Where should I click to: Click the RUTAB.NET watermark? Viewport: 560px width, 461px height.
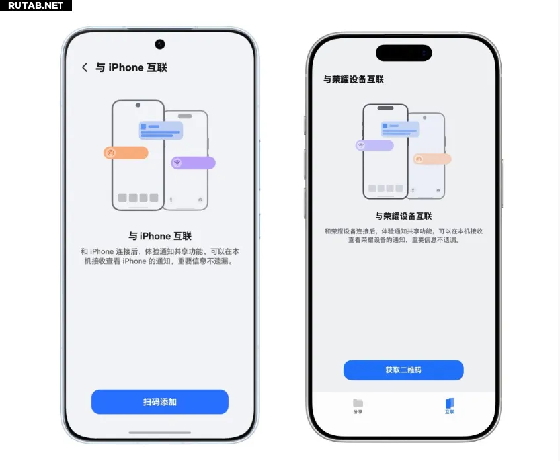36,5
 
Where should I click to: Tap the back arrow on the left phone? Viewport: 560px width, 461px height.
85,67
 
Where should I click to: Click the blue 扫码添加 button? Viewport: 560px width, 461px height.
159,402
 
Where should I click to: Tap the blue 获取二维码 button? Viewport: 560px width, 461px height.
403,370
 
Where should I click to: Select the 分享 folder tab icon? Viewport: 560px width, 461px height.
358,403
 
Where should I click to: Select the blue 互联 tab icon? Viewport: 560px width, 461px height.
450,403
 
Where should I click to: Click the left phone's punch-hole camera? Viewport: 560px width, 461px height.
160,44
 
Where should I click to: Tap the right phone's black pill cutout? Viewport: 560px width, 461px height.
404,53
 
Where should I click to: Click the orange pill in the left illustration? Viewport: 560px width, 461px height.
126,153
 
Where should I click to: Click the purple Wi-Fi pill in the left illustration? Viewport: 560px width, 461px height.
193,163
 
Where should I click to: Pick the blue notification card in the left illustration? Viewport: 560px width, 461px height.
161,130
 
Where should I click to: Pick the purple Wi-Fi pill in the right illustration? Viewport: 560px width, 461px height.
375,146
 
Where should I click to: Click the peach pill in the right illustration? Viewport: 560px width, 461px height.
432,159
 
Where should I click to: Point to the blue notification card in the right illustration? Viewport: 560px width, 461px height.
400,129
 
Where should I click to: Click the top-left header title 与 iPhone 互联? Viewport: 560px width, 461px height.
131,67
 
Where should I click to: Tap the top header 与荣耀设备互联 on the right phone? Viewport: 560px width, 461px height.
354,79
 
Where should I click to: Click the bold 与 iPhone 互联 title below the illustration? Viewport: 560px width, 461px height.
160,236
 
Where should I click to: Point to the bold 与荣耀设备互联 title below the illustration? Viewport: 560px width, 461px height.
403,216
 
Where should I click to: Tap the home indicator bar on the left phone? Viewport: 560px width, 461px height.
159,433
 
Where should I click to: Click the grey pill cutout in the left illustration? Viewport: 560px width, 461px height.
185,116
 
